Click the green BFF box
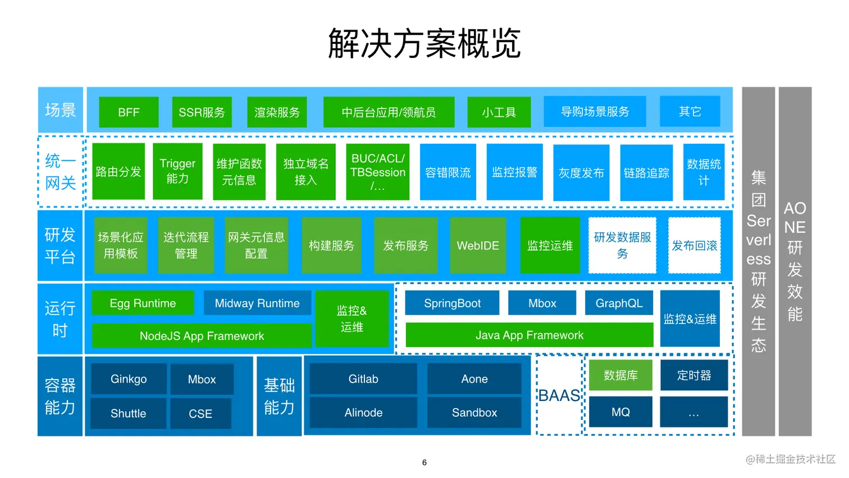129,112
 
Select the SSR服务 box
202,112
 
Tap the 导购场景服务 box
595,112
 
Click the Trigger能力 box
177,171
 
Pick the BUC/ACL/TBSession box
377,172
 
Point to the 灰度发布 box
581,173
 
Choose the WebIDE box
478,245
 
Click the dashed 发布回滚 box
694,245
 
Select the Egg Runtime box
143,303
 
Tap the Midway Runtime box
257,303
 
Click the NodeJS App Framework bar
202,336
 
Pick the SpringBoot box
452,303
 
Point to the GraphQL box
619,303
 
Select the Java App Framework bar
530,335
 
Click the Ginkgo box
129,379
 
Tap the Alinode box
363,413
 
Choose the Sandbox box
474,413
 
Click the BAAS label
559,395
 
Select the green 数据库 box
620,375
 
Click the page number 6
424,462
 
